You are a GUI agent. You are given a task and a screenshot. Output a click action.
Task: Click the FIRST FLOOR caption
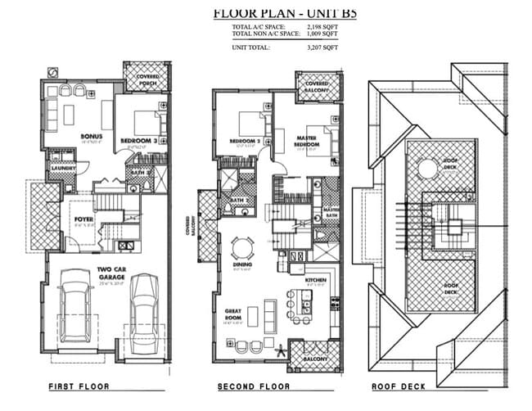tap(79, 386)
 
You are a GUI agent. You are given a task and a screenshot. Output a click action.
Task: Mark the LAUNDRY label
tap(64, 169)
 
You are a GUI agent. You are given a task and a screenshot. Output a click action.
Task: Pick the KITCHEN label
tap(316, 280)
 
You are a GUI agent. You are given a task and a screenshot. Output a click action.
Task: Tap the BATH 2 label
tap(238, 200)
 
